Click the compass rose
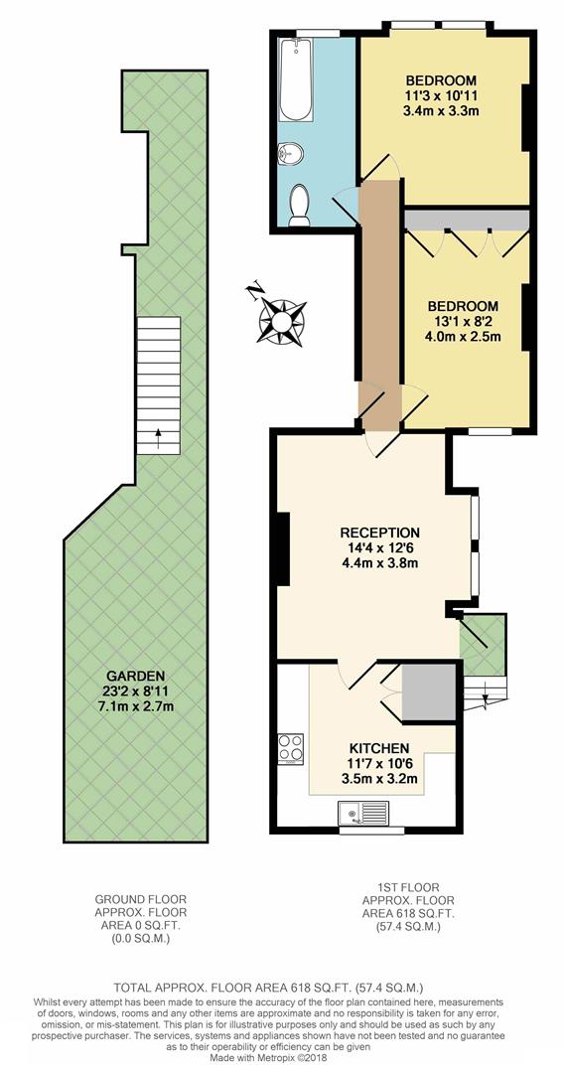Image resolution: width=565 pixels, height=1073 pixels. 281,317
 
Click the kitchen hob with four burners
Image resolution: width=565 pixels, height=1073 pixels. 292,749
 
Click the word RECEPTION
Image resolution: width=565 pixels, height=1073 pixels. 378,533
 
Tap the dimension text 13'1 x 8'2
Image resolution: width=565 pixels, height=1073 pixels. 462,321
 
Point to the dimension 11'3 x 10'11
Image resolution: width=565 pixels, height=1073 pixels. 441,95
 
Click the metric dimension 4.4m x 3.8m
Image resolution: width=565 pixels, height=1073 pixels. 378,563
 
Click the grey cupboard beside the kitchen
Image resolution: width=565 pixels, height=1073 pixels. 430,693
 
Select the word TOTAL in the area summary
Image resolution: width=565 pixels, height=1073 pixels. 137,989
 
